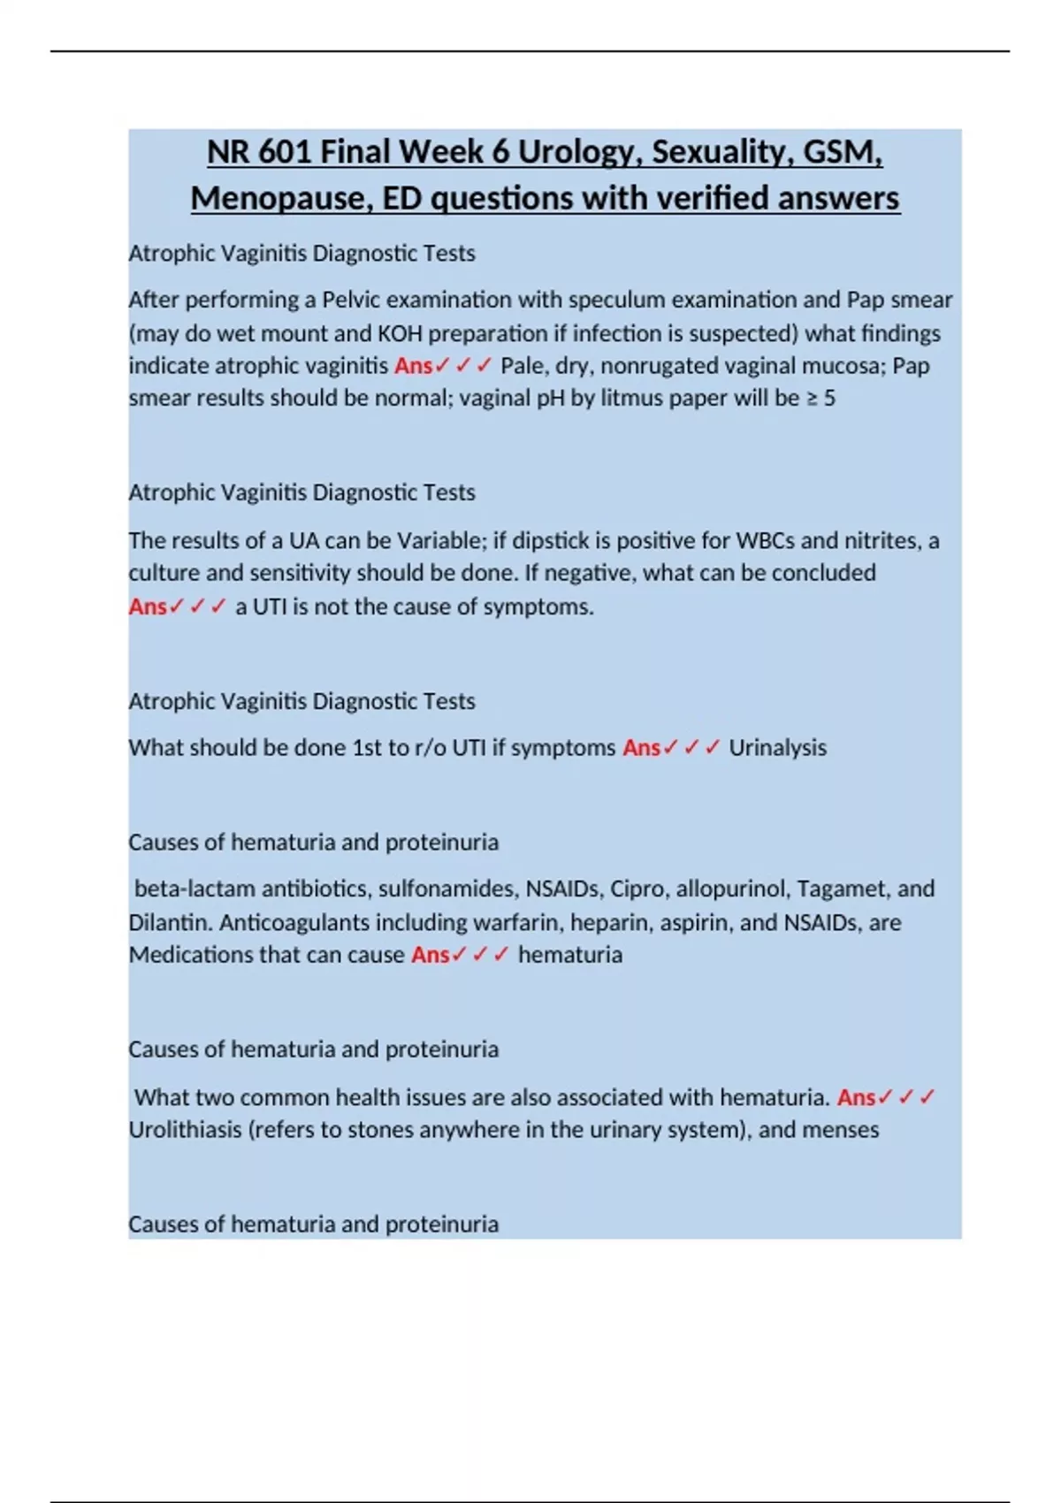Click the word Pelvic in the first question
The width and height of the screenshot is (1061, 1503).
[351, 300]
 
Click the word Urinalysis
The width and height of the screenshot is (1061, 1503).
[777, 748]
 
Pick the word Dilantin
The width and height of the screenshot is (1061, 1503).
[170, 922]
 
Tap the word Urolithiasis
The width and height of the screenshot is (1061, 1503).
[186, 1130]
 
